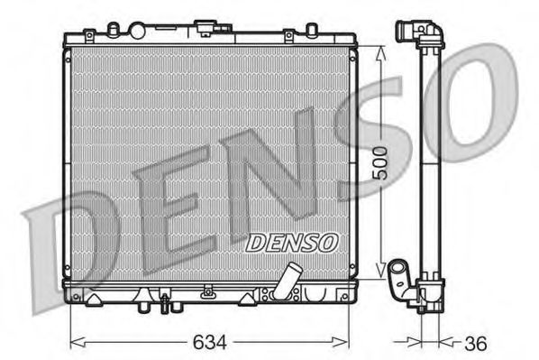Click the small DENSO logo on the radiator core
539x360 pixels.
coord(291,241)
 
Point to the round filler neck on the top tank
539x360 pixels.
coord(137,31)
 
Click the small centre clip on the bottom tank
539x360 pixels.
coord(208,291)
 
